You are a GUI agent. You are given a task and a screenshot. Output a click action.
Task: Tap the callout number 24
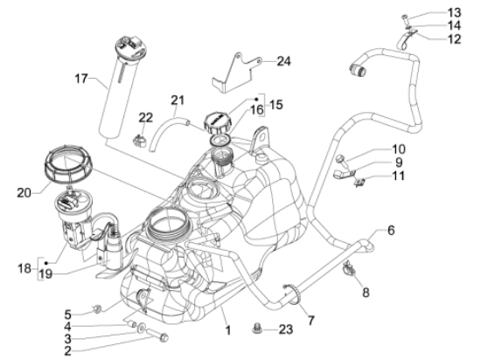click(282, 61)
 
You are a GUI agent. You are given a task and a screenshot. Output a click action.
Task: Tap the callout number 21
click(178, 101)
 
